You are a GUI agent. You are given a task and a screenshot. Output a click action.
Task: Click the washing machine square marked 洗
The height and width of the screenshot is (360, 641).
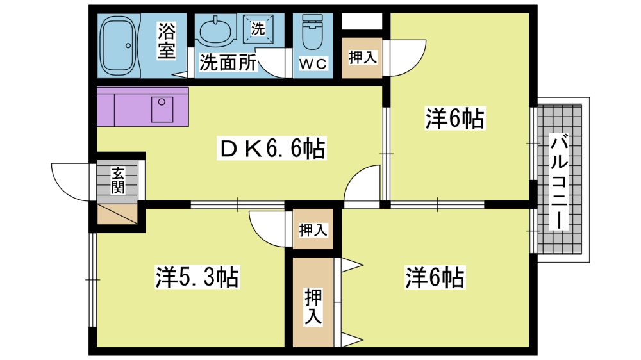258,29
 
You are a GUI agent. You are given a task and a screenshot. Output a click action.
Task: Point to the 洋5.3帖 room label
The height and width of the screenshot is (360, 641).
197,278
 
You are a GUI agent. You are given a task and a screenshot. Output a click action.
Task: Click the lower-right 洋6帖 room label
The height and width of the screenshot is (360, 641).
435,277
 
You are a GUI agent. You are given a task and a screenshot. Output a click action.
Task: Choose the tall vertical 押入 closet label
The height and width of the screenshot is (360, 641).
313,305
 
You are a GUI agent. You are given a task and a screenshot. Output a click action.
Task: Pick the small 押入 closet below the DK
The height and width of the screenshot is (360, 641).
313,230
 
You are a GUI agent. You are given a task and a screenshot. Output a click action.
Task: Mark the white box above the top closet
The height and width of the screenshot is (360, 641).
362,21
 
